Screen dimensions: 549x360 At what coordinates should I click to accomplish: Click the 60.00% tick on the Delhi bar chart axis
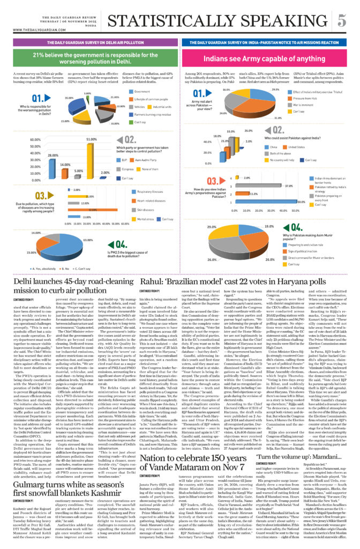click(34, 140)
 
